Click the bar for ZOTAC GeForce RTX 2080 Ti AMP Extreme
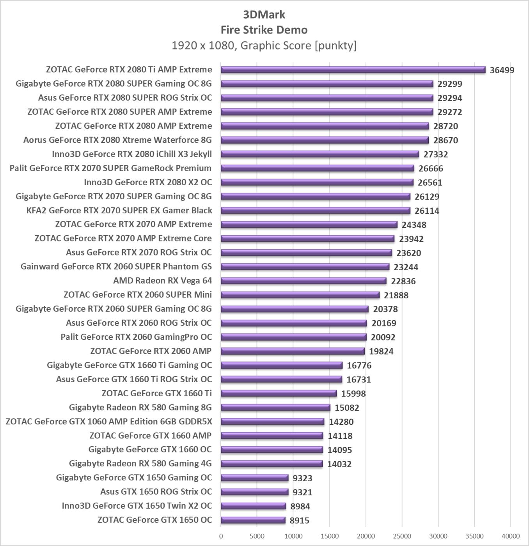353,70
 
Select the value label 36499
502,70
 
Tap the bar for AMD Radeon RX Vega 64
304,281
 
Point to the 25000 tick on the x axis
402,536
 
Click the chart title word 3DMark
264,15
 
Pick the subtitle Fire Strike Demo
264,30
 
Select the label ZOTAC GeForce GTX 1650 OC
154,520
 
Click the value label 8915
300,520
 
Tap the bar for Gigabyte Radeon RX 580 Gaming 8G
275,408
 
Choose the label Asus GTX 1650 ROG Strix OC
156,492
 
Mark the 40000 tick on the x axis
510,536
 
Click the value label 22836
403,281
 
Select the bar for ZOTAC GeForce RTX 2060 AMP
293,351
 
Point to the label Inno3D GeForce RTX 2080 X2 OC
148,182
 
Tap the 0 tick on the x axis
221,536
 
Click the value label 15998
353,394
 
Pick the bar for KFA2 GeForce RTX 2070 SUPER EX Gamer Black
316,211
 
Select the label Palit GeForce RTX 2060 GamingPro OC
136,337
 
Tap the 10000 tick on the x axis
293,536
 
